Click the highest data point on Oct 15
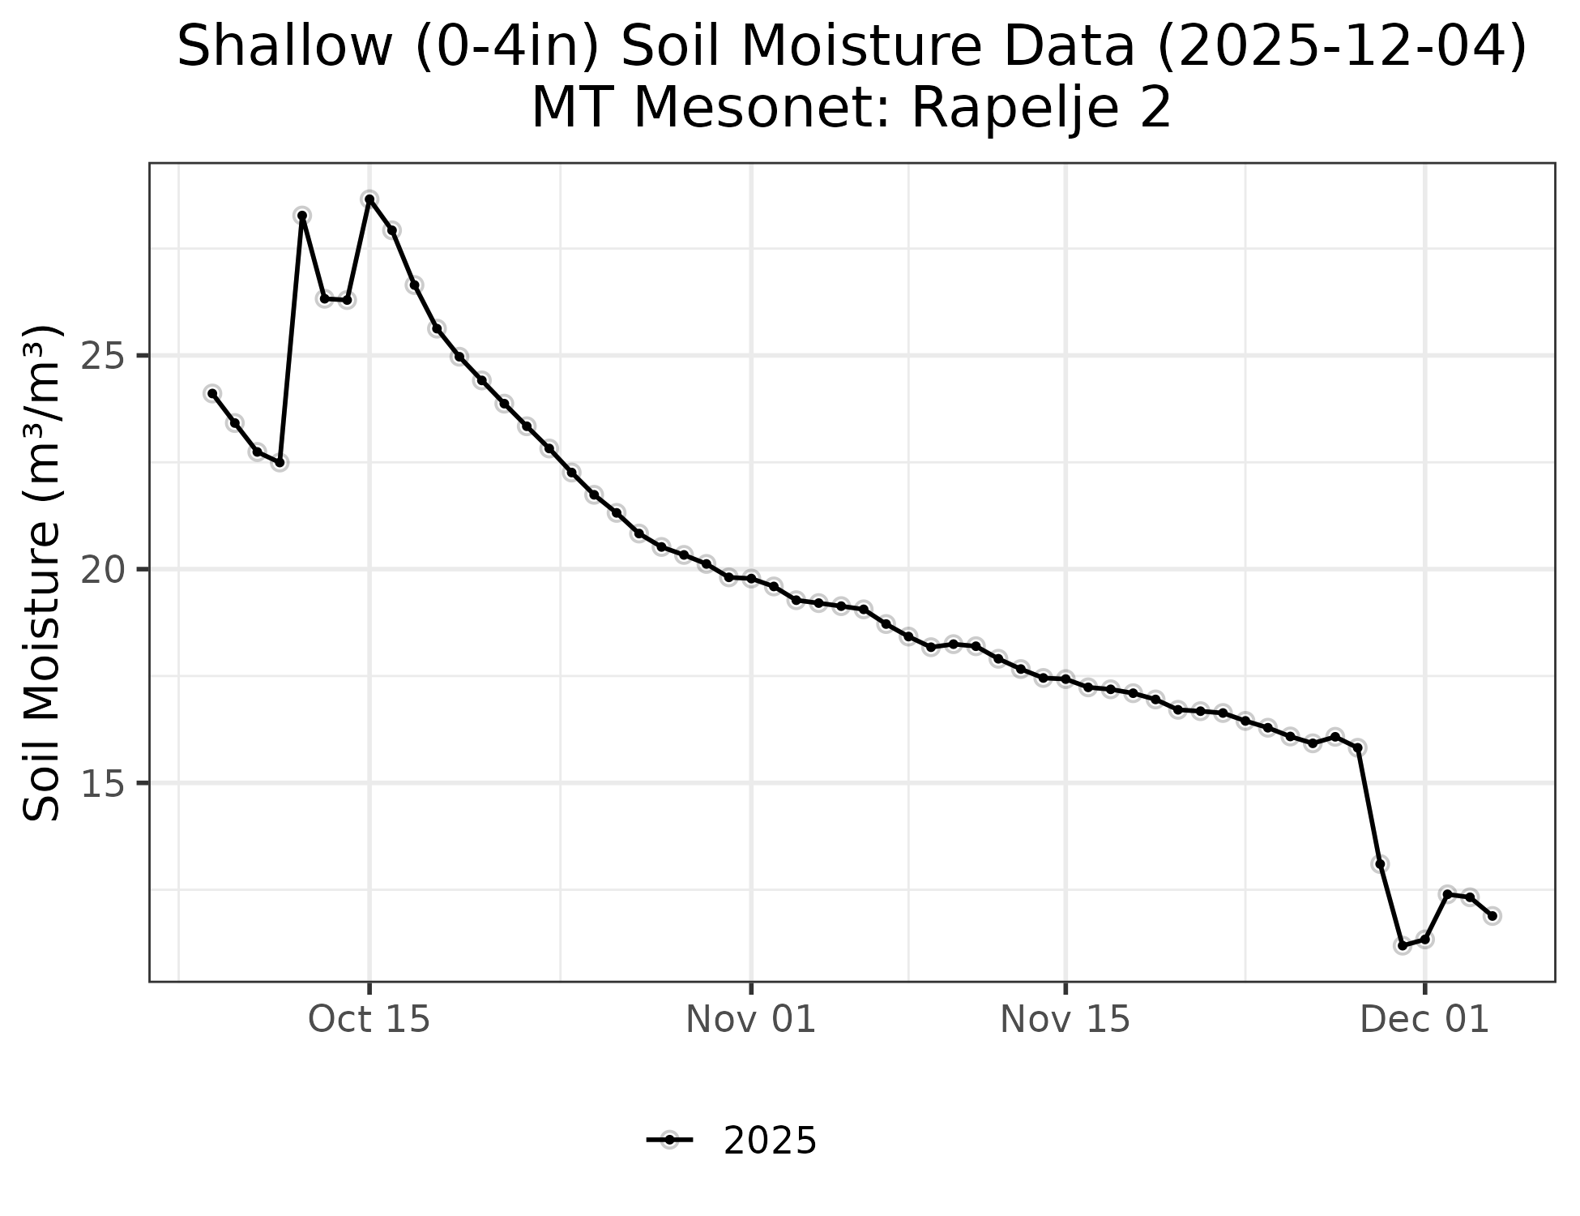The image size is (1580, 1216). tap(369, 199)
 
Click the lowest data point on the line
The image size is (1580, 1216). tap(1403, 945)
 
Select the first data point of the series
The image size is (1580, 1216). tap(212, 393)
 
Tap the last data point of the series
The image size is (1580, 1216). tap(1492, 915)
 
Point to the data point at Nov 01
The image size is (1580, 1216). tap(751, 578)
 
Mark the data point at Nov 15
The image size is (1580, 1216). tap(1065, 678)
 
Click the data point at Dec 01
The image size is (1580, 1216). tap(1425, 940)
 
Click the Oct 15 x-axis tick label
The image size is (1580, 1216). tap(369, 1020)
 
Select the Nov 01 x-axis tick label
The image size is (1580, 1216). tap(751, 1020)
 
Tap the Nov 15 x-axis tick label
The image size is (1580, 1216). tap(1065, 1020)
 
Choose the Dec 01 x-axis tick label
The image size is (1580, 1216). tap(1425, 1020)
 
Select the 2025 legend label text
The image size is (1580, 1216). tap(770, 1141)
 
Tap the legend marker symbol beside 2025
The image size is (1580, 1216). tap(670, 1141)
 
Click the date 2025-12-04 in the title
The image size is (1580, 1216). tap(1341, 47)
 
